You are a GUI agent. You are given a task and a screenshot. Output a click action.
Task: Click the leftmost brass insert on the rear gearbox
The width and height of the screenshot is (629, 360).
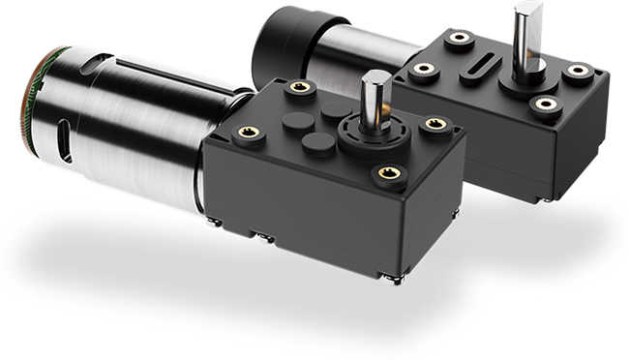[x=421, y=70]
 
